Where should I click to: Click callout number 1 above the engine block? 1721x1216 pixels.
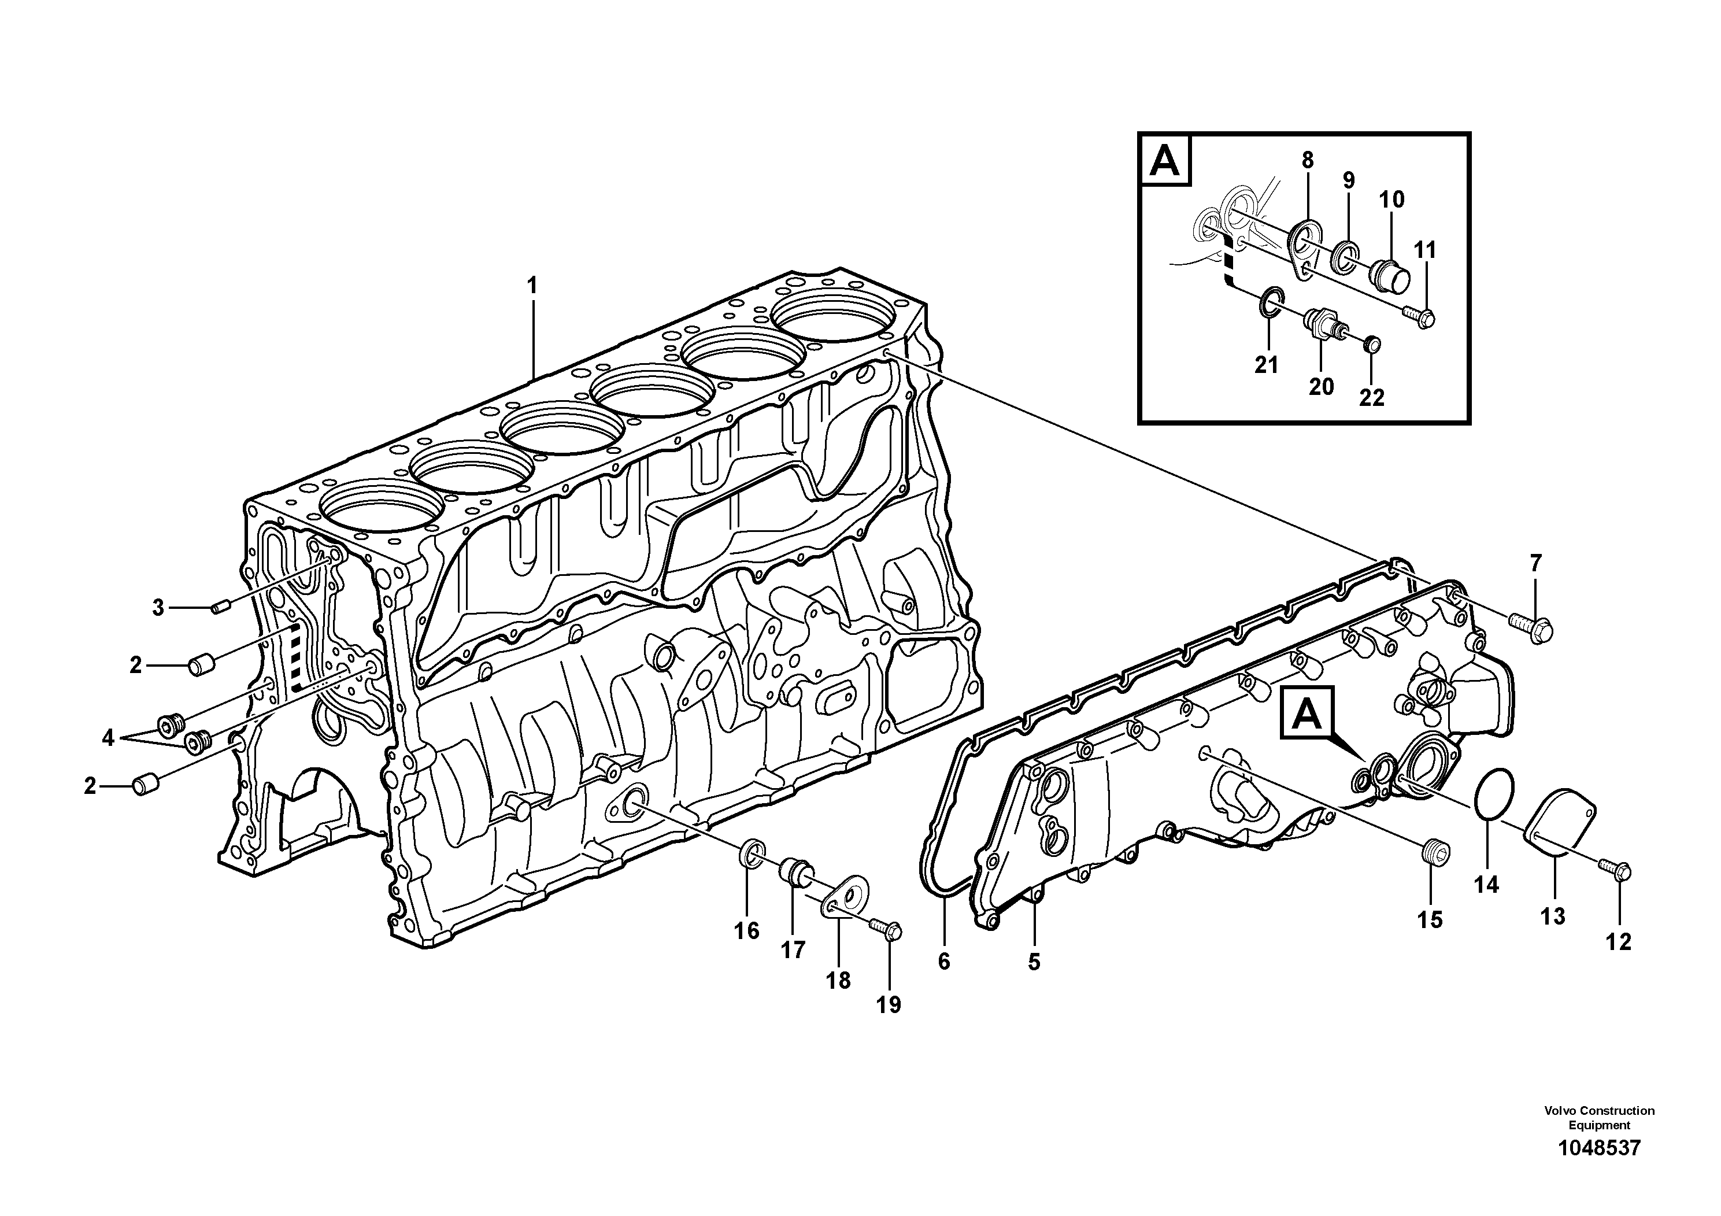[532, 286]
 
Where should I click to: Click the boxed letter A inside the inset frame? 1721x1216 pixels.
[1165, 160]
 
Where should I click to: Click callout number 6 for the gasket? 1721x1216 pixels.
[943, 960]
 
